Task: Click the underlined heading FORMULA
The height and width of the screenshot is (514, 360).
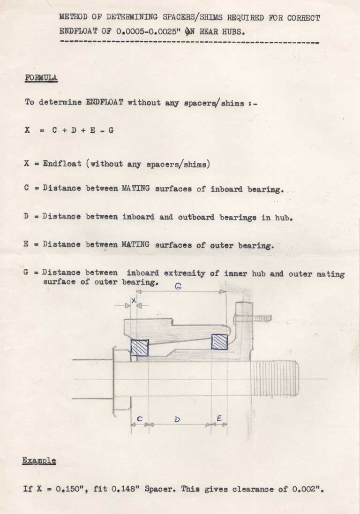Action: [x=41, y=78]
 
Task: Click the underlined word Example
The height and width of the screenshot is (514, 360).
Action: [x=39, y=461]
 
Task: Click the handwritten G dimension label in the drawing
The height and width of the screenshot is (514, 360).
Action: [x=178, y=286]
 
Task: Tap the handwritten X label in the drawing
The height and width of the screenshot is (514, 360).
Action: [x=133, y=300]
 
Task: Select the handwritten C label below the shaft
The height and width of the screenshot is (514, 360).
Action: [x=140, y=419]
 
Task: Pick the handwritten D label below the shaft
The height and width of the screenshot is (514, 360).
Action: [x=177, y=419]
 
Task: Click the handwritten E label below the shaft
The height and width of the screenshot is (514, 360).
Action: [x=219, y=418]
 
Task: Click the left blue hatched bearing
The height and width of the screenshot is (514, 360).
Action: [x=140, y=348]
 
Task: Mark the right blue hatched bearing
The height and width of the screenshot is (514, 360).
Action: [x=219, y=341]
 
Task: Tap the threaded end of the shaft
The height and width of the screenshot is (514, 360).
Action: [x=275, y=378]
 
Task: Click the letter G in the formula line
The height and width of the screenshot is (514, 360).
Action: [x=111, y=130]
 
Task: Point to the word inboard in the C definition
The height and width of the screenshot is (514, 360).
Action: [x=226, y=189]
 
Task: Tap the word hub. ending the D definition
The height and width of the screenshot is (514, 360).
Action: [x=284, y=217]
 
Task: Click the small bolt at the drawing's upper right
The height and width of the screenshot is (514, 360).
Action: [x=252, y=318]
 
